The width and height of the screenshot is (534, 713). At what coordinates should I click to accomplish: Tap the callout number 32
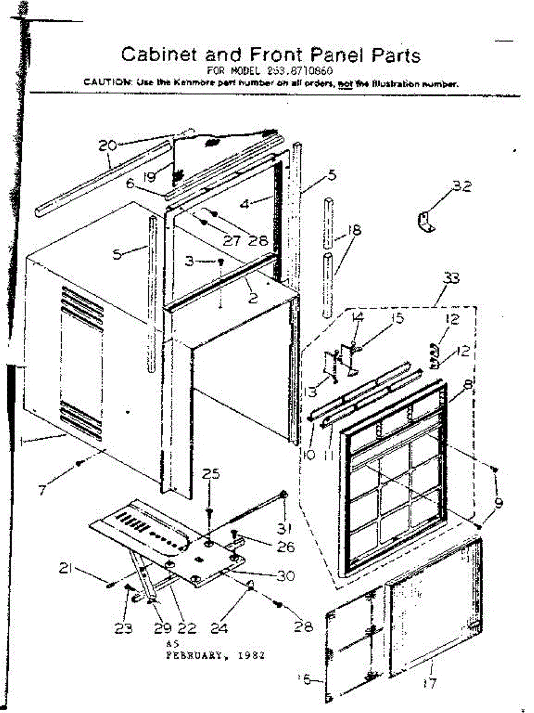[462, 187]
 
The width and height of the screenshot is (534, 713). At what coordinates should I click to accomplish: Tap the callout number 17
[431, 683]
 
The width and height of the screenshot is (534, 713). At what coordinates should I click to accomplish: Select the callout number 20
[108, 144]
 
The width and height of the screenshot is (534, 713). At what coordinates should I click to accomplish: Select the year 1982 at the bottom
[250, 657]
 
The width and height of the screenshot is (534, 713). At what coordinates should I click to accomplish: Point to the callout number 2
[253, 299]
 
